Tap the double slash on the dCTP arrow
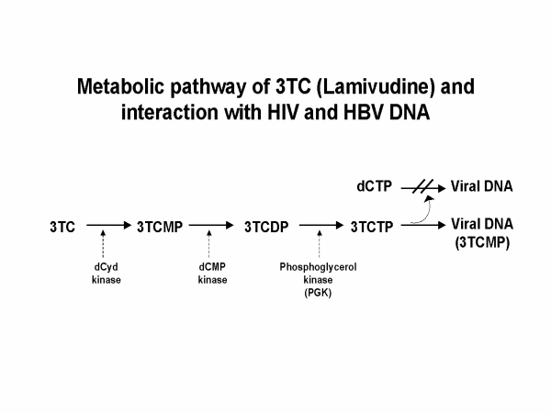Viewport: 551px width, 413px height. coord(422,186)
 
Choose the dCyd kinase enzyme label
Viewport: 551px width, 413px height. coord(107,273)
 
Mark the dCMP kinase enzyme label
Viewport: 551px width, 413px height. coord(213,273)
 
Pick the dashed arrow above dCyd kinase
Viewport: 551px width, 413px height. coord(107,247)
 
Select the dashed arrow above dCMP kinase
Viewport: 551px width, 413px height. coord(213,247)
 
